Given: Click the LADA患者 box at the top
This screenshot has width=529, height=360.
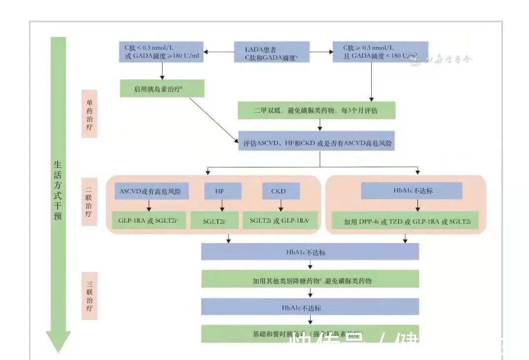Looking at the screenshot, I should [x=271, y=52].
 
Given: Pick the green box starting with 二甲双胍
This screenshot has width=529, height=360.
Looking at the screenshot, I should [x=316, y=111].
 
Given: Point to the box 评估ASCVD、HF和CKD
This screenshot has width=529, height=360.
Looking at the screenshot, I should [x=318, y=143].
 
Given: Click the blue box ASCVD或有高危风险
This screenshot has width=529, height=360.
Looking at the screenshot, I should [x=148, y=191].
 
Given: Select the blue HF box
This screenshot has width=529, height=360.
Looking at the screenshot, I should [x=223, y=191].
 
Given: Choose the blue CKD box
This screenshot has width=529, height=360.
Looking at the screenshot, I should [x=278, y=191].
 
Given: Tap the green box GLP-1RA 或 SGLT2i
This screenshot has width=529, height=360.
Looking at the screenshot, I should [x=148, y=221].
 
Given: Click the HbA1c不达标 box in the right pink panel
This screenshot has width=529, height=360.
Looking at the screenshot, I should [x=411, y=191].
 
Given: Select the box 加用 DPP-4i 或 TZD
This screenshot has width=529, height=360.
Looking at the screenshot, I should [x=407, y=221].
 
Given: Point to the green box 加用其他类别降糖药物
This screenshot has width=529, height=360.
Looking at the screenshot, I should [x=310, y=280].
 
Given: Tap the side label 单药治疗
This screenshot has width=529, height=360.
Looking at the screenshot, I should [x=90, y=113].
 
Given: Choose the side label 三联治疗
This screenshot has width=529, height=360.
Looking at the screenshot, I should [x=90, y=295].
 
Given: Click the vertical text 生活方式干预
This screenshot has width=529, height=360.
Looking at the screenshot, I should [x=58, y=190].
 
